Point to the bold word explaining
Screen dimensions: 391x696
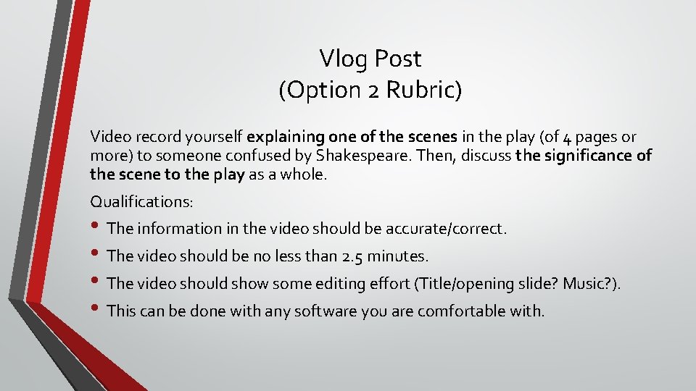[285, 137]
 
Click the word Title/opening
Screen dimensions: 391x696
[460, 284]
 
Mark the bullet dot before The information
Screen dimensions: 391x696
[96, 229]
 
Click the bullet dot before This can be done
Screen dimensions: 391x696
[96, 311]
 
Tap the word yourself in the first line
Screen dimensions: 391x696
[213, 137]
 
